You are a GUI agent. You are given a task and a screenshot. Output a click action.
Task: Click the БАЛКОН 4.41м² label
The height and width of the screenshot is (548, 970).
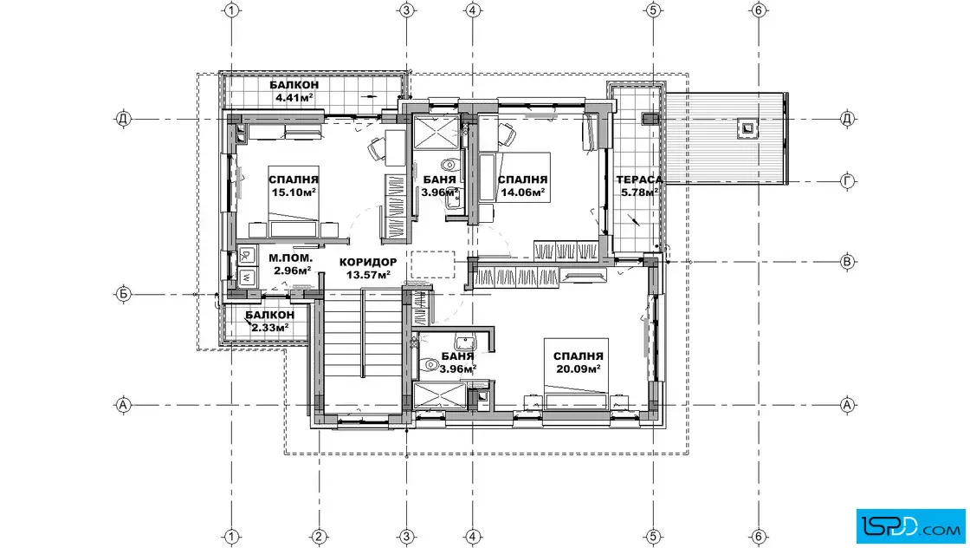click(x=294, y=90)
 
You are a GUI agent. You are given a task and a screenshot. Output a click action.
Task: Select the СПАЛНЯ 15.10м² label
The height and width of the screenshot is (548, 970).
click(x=294, y=186)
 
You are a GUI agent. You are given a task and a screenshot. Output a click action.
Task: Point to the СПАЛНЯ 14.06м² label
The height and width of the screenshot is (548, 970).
click(x=523, y=186)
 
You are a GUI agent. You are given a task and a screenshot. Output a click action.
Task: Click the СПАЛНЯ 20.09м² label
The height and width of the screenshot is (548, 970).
click(x=578, y=362)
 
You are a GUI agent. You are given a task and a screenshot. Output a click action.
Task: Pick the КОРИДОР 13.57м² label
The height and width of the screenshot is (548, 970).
click(x=368, y=268)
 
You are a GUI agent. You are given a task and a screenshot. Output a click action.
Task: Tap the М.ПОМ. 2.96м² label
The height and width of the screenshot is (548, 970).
click(x=291, y=264)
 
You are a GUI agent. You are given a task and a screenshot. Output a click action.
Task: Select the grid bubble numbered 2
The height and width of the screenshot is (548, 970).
click(x=319, y=536)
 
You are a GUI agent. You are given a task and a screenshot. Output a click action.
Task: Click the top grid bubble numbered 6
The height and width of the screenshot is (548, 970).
click(x=759, y=10)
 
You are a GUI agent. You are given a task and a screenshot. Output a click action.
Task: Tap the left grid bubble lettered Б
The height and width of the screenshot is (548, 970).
click(x=123, y=294)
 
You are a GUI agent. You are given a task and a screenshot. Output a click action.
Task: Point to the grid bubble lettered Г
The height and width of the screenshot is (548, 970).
click(x=848, y=181)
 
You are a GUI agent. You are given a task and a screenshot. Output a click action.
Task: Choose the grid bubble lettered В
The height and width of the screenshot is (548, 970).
click(x=848, y=261)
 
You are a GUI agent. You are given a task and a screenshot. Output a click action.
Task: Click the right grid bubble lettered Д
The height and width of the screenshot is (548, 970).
click(x=848, y=118)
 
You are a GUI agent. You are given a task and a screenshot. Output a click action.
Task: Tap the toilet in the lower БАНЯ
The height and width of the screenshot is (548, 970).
click(x=429, y=365)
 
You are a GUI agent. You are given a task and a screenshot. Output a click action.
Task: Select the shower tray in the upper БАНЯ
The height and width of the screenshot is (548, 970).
click(x=436, y=131)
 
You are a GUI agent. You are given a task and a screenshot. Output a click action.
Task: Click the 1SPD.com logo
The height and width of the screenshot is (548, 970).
click(x=910, y=526)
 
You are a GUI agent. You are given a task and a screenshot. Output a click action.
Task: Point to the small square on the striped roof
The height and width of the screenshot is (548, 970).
click(x=747, y=128)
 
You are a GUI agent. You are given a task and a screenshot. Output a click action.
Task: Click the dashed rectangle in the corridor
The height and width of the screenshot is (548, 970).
click(x=432, y=264)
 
